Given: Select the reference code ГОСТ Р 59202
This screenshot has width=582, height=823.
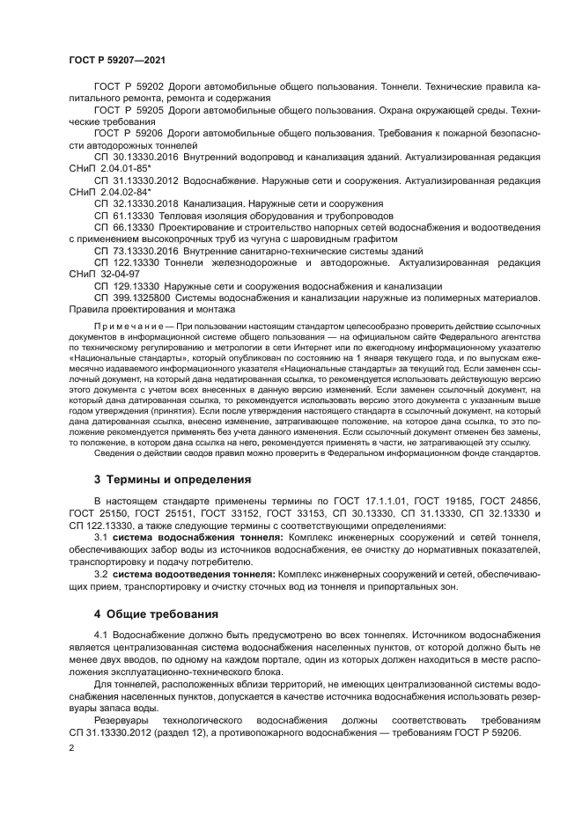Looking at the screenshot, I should (127, 88).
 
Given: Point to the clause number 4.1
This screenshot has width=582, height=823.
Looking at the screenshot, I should (99, 635).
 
